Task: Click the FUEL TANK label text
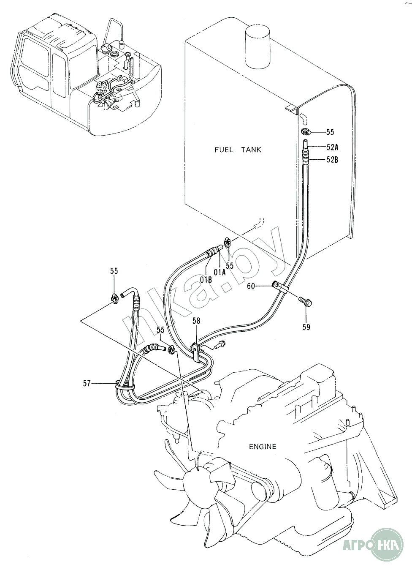pyautogui.click(x=238, y=150)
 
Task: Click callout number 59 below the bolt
pyautogui.click(x=306, y=327)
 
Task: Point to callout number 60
pyautogui.click(x=251, y=286)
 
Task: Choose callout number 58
pyautogui.click(x=196, y=321)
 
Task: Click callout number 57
pyautogui.click(x=87, y=383)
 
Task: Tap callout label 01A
pyautogui.click(x=220, y=273)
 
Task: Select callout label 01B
pyautogui.click(x=206, y=280)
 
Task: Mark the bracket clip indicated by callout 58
pyautogui.click(x=196, y=352)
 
